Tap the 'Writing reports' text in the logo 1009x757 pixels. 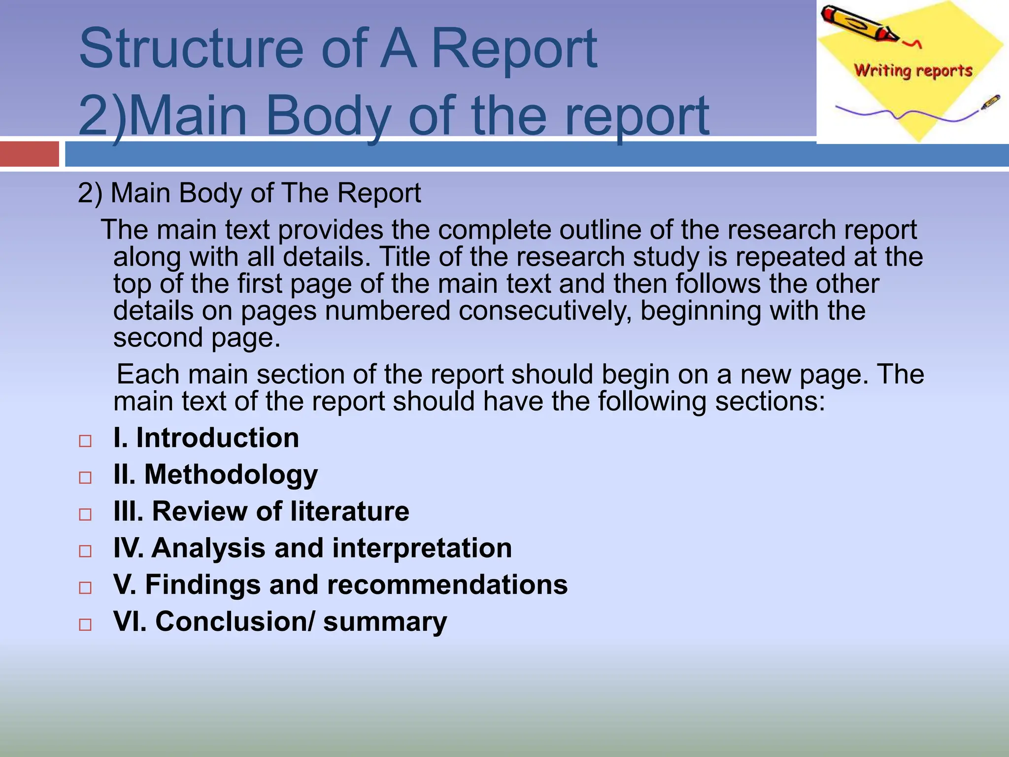pos(913,70)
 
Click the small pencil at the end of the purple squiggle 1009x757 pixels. pos(990,102)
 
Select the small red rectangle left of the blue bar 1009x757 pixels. pos(29,154)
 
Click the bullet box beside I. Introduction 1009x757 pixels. pos(85,441)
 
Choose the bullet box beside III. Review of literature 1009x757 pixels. pos(85,514)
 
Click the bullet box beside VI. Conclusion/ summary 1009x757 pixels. pos(85,624)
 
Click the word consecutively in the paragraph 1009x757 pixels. pos(545,311)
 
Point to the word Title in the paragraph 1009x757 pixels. pos(404,257)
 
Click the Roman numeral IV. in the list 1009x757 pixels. pos(129,548)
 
